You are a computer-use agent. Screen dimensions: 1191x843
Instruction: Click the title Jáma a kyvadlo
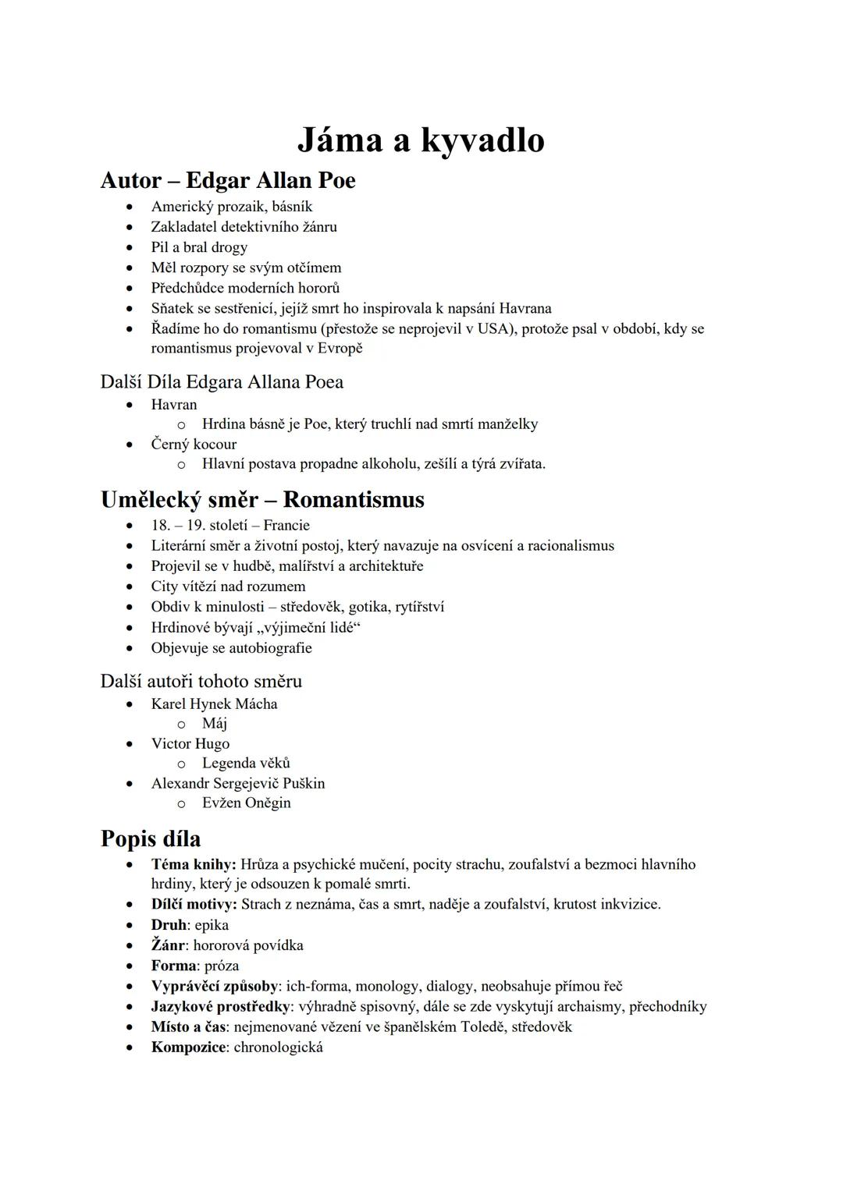[x=421, y=140]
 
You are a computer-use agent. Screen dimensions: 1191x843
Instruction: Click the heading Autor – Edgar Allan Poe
[x=228, y=180]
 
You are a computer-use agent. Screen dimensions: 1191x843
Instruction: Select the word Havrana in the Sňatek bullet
[x=525, y=308]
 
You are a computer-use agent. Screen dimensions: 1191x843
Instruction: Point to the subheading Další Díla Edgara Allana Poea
[x=222, y=382]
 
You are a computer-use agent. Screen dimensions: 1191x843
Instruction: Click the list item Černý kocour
[x=194, y=444]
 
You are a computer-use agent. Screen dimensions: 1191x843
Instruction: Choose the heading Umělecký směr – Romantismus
[x=262, y=499]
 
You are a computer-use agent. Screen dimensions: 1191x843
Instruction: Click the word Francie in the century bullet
[x=286, y=525]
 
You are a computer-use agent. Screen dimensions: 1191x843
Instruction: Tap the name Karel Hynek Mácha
[x=214, y=704]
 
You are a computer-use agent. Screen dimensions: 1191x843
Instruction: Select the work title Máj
[x=215, y=723]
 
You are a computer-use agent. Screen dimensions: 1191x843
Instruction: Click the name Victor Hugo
[x=190, y=743]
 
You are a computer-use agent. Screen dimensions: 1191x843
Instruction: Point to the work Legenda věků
[x=246, y=763]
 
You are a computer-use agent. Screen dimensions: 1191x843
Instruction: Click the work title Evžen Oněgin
[x=246, y=803]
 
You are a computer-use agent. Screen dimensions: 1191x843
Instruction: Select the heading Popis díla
[x=151, y=838]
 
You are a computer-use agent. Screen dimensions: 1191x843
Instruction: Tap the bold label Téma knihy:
[x=194, y=864]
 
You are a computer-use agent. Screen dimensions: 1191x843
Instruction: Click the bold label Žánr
[x=168, y=945]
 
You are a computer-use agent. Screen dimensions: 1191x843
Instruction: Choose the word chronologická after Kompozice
[x=278, y=1047]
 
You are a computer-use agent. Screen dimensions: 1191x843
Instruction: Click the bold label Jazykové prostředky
[x=220, y=1006]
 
